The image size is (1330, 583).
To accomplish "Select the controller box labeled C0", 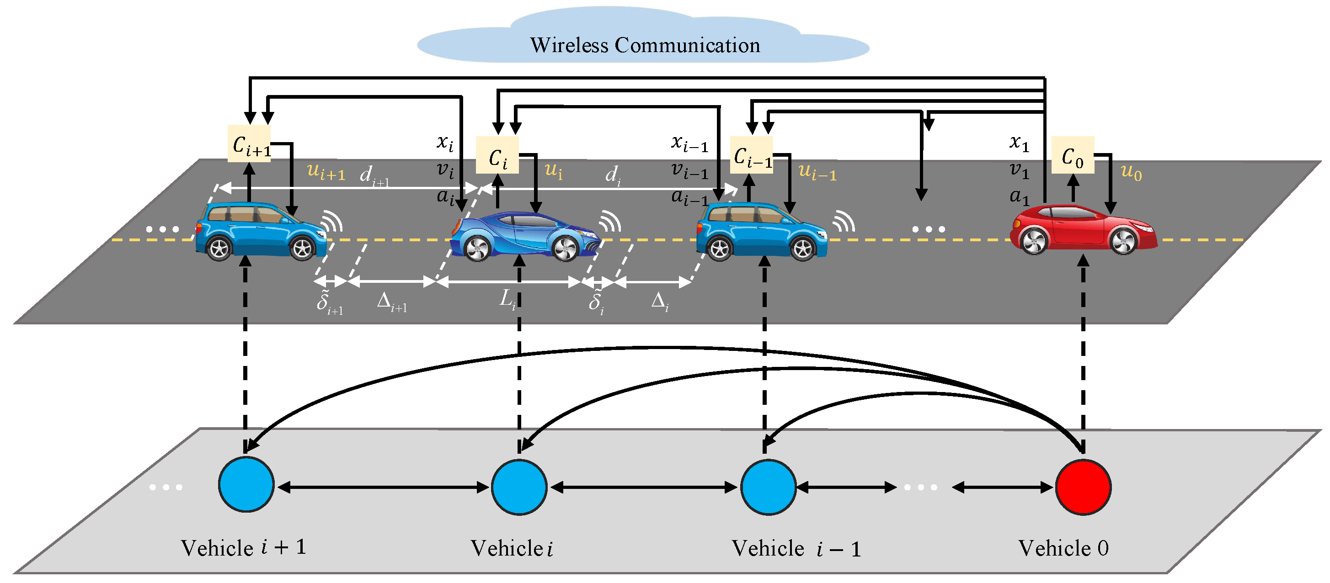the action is pos(1073,155).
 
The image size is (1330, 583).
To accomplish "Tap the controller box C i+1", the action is pos(249,143).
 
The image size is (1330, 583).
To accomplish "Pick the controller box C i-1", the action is pos(752,155).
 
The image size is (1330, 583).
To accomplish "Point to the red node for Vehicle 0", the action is pos(1083,487).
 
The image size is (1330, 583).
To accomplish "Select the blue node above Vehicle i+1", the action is pos(246,484).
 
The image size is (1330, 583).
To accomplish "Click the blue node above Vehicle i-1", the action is pos(768,487).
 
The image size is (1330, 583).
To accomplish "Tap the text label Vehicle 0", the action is pos(1063,548).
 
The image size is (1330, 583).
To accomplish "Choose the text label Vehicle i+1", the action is pos(243,547).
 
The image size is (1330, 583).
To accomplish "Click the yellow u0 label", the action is pos(1131,172).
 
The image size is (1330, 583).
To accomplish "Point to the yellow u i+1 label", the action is pos(326,171).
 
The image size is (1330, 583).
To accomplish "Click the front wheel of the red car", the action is pos(1123,241).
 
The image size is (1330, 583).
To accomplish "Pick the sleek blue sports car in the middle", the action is pos(524,237).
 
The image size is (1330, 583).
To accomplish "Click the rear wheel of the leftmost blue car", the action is pos(219,249).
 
